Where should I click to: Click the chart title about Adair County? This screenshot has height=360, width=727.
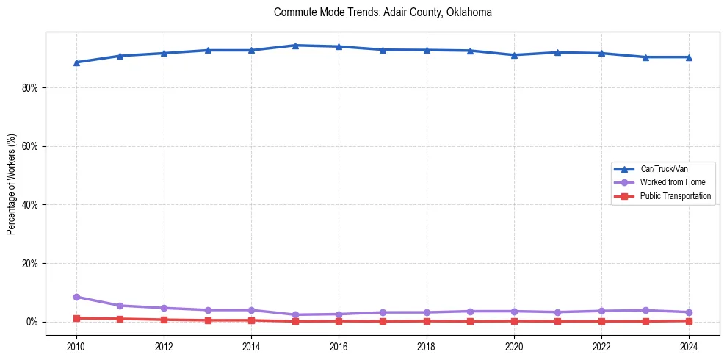point(382,12)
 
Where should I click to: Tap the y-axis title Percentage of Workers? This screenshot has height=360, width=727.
point(12,184)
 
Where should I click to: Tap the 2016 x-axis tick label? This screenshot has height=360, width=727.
point(339,346)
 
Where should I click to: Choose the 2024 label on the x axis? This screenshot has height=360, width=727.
point(688,346)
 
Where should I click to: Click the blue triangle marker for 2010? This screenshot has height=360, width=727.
point(76,62)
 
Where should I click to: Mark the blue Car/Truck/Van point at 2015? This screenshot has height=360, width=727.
point(295,46)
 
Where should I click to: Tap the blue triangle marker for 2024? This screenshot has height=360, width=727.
point(688,57)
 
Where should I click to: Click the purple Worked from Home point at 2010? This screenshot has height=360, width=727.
point(76,297)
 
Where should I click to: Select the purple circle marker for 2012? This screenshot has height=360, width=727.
point(164,308)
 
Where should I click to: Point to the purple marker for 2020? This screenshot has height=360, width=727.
point(513,312)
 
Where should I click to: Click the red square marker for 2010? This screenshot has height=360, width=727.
point(76,318)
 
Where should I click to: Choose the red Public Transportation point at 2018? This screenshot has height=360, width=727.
point(426,321)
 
